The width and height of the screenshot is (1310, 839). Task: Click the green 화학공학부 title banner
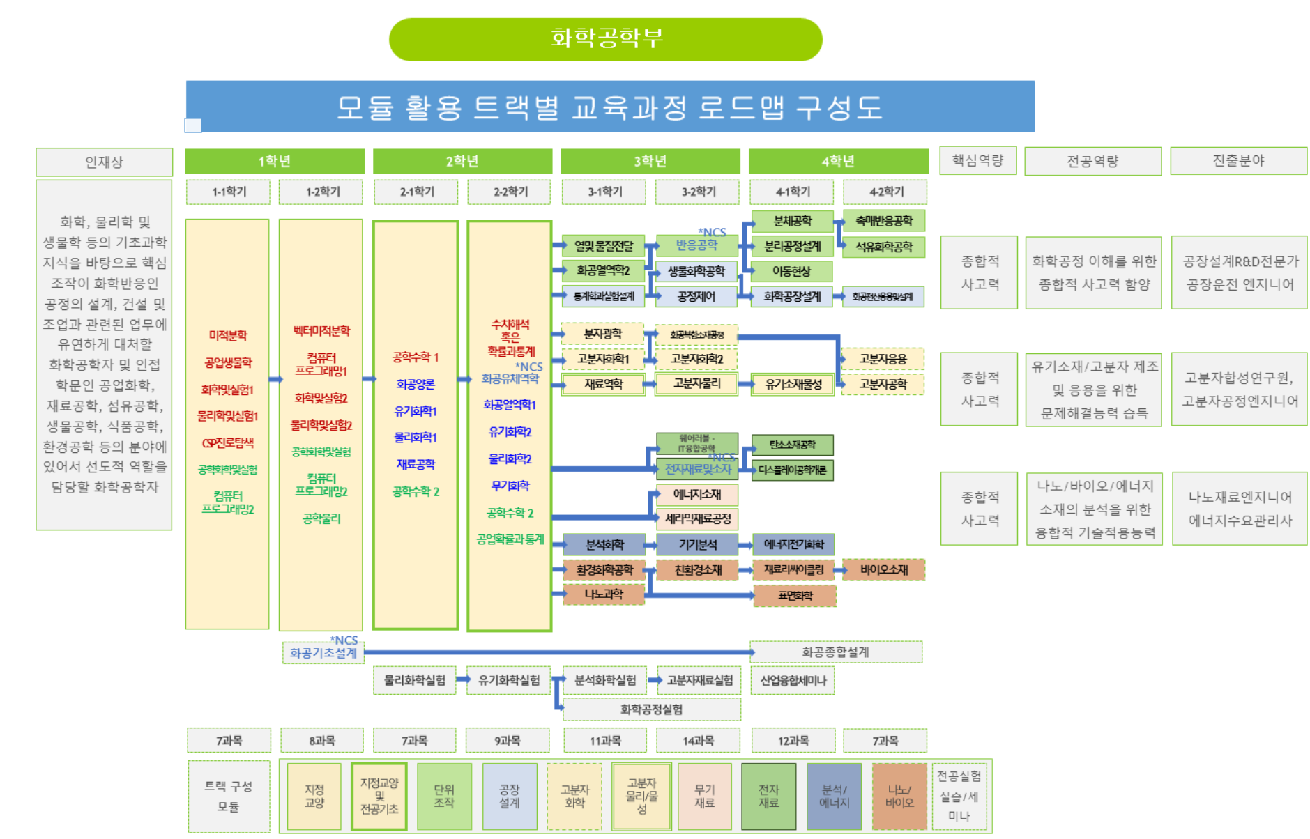point(605,39)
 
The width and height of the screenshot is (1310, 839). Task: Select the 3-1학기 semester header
point(604,192)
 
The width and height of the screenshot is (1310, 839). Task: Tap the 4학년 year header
point(838,161)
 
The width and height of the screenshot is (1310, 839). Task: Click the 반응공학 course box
point(696,245)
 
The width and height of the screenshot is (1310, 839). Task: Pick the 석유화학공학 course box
point(883,247)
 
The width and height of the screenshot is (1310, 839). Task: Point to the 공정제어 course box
point(696,296)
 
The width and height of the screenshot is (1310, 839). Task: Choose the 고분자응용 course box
point(883,359)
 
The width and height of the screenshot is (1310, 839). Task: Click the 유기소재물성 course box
point(793,384)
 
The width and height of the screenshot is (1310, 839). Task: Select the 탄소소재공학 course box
point(792,445)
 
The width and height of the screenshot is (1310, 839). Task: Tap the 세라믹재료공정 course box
point(697,518)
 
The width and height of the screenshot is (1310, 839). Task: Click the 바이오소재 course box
point(883,569)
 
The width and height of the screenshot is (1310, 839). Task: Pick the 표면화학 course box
point(795,596)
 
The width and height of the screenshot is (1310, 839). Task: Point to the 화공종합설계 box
point(835,652)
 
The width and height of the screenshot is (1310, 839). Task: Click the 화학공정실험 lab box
point(651,709)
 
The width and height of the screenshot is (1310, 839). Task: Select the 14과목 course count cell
point(698,741)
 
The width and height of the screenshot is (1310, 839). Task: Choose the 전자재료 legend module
point(768,796)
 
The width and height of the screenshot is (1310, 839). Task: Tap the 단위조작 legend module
point(444,796)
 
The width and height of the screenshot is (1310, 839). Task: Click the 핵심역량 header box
point(977,160)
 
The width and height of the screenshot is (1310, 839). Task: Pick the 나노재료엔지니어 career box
point(1240,509)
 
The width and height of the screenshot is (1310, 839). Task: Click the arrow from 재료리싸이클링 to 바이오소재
point(839,570)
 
